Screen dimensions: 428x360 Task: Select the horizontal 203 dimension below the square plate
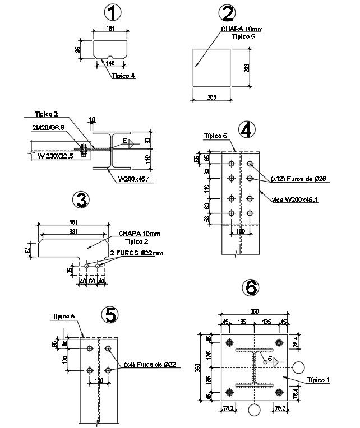click(211, 97)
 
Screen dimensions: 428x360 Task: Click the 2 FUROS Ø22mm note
click(137, 253)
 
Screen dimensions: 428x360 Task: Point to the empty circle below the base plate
click(254, 411)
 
